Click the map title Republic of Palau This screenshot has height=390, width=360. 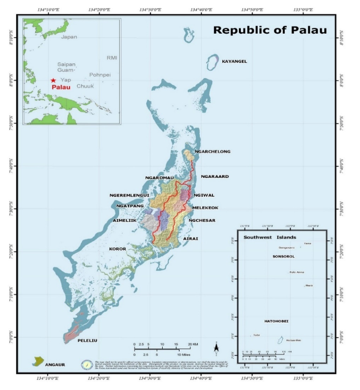(x=270, y=30)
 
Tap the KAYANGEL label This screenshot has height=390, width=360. (x=235, y=62)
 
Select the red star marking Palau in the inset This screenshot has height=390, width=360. (x=53, y=80)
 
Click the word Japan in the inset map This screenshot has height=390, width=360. (x=69, y=37)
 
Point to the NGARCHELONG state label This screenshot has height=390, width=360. (x=212, y=152)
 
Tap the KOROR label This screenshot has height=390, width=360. (x=118, y=249)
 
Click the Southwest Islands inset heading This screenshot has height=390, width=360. (x=270, y=237)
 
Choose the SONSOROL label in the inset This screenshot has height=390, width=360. (x=283, y=256)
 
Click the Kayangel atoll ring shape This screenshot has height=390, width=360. (x=212, y=62)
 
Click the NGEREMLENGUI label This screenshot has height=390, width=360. (x=129, y=196)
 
